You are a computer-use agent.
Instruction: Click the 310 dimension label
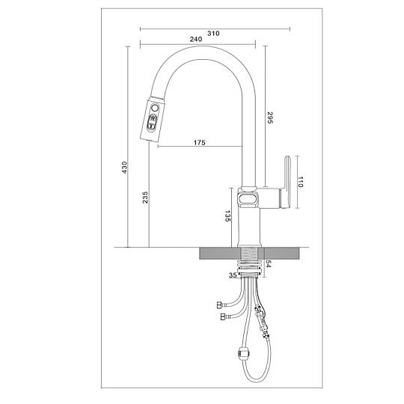tap(213, 33)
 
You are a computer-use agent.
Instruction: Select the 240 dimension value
tap(196, 39)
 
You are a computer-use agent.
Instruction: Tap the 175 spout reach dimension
tap(200, 142)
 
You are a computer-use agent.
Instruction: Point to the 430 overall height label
tap(125, 168)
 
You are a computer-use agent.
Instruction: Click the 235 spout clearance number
tap(146, 198)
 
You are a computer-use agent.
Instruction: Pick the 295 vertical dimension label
tap(270, 117)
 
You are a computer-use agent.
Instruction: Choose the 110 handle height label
tap(301, 182)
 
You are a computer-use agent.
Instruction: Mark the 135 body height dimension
tap(227, 216)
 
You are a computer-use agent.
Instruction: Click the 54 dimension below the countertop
tap(269, 264)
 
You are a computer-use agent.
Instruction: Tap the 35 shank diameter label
tap(233, 275)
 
